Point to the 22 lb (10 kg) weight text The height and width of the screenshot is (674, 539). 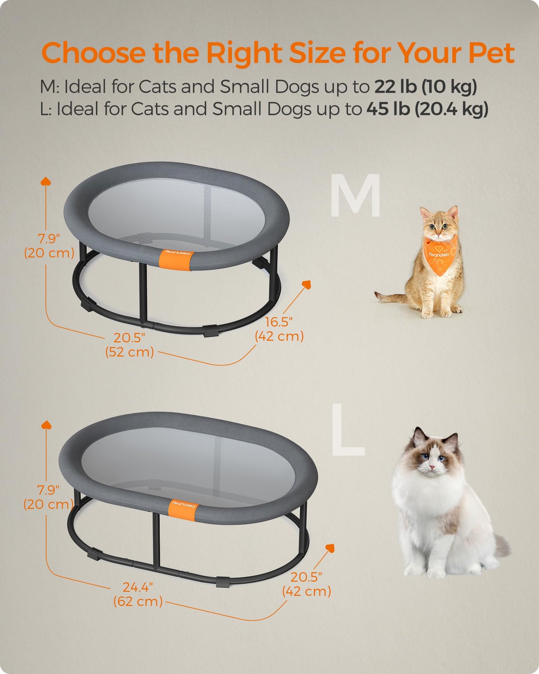tap(426, 86)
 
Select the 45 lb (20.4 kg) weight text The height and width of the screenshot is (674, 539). tap(427, 109)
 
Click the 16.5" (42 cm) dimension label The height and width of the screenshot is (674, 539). tap(280, 329)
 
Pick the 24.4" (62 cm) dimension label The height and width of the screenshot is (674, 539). tap(138, 594)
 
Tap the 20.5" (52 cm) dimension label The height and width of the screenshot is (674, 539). tap(129, 345)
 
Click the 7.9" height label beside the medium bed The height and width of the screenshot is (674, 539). tap(49, 246)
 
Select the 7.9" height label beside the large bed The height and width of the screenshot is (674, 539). tap(49, 497)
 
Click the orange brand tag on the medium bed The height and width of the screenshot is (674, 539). tap(175, 259)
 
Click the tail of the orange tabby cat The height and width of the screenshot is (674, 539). tap(391, 297)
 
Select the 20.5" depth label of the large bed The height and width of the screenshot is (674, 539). tap(306, 584)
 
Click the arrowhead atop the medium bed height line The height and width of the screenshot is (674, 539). tap(46, 181)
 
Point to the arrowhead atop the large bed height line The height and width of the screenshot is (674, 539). tap(46, 424)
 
